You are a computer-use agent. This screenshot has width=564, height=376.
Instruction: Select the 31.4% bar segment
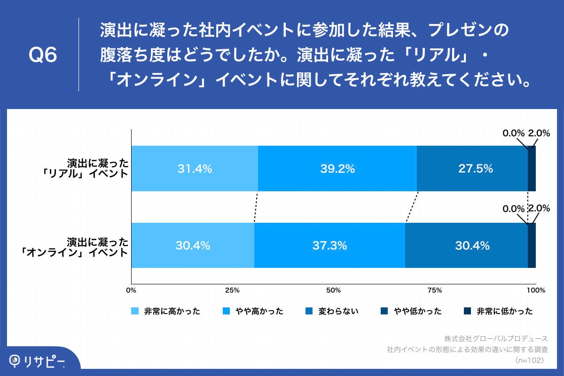[x=195, y=169]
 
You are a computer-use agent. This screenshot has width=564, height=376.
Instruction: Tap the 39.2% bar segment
[x=337, y=169]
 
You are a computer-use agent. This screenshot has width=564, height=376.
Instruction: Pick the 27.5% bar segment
[x=472, y=169]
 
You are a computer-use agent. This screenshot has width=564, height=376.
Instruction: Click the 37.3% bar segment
[x=329, y=245]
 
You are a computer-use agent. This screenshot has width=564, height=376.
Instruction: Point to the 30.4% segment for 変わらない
[x=466, y=245]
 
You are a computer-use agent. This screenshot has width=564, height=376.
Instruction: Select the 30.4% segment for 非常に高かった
[x=193, y=245]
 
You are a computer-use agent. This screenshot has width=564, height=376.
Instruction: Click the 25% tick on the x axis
[x=232, y=290]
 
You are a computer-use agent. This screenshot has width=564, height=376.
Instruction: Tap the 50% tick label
[x=333, y=290]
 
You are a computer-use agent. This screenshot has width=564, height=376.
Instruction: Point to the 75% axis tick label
[x=435, y=290]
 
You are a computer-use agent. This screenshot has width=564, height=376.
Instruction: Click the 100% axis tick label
[x=535, y=290]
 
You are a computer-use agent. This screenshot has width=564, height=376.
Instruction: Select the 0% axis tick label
[x=131, y=290]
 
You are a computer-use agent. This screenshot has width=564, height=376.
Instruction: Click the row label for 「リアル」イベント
[x=85, y=169]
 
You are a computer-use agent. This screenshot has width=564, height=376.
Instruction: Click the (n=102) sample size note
[x=530, y=360]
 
